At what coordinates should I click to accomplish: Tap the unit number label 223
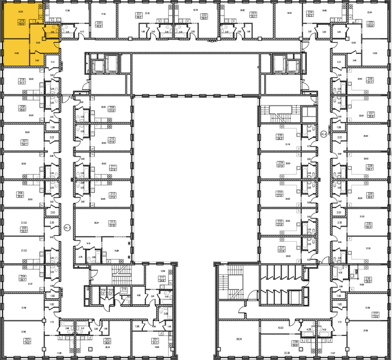pyautogui.click(x=253, y=13)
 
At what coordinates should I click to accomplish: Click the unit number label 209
pyautogui.click(x=112, y=108)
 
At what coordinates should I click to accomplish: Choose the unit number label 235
pyautogui.click(x=280, y=136)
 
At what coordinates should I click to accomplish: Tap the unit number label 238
pyautogui.click(x=295, y=341)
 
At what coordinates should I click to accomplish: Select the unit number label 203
pyautogui.click(x=28, y=341)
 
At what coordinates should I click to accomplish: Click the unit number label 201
pyautogui.click(x=155, y=340)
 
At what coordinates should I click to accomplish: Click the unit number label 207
pyautogui.click(x=24, y=142)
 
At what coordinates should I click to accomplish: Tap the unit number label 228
pyautogui.click(x=370, y=167)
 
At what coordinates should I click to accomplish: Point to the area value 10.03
pyautogui.click(x=280, y=328)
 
